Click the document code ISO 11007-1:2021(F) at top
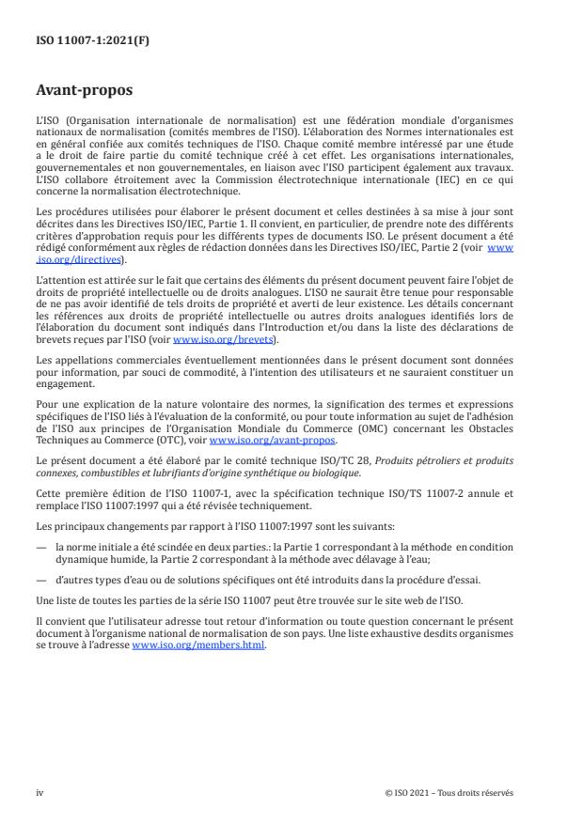(x=79, y=42)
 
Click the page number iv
(x=39, y=792)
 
